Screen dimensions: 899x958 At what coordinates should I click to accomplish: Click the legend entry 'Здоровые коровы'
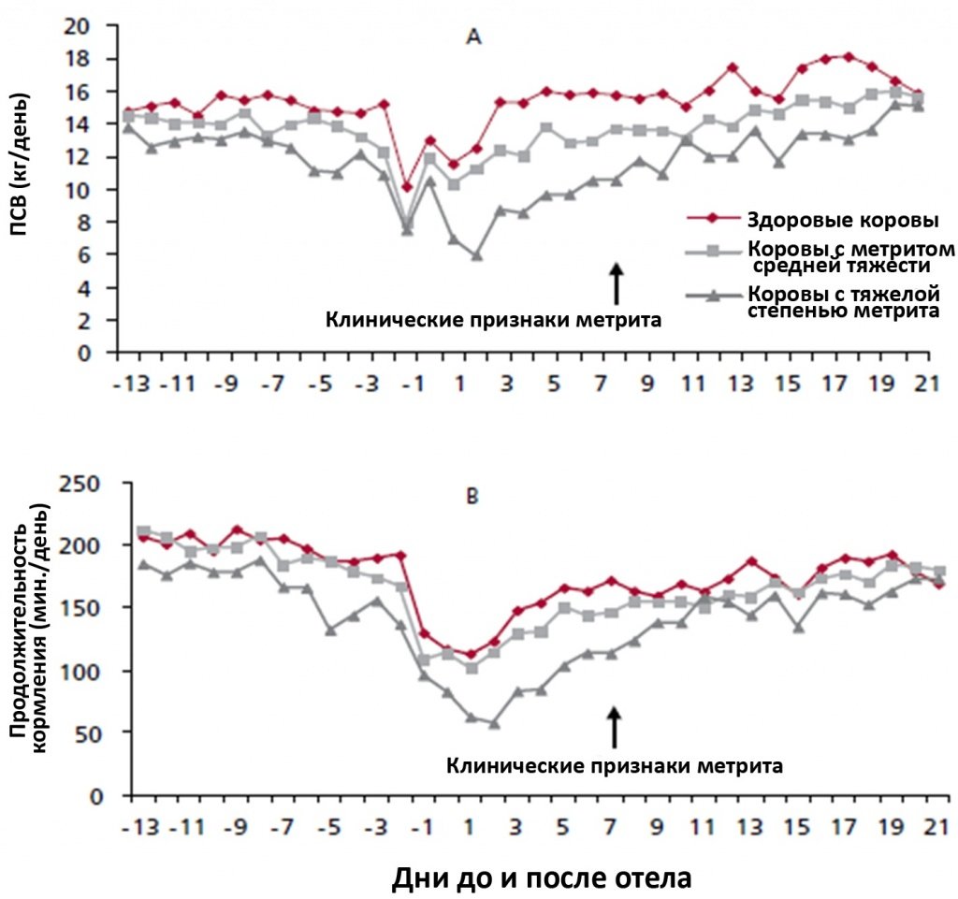816,221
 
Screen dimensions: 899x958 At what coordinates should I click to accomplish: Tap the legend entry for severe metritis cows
842,303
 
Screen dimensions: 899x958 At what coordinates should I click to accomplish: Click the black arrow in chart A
616,283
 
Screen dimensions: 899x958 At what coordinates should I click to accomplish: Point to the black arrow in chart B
615,726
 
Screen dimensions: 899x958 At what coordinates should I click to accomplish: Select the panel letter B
473,496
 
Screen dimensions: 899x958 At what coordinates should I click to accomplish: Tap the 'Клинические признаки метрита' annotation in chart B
615,765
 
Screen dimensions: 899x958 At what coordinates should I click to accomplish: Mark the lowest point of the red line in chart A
406,187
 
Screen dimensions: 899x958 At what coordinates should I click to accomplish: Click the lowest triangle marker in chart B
493,723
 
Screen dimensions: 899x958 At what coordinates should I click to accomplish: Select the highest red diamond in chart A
848,56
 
